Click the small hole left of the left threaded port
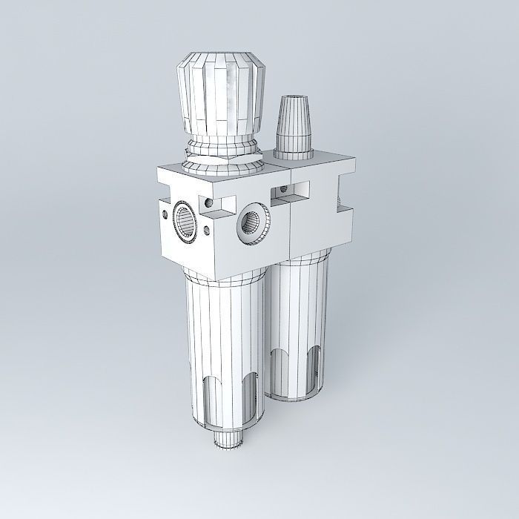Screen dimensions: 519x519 pyautogui.click(x=162, y=214)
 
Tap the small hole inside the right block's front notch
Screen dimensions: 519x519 pyautogui.click(x=282, y=191)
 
